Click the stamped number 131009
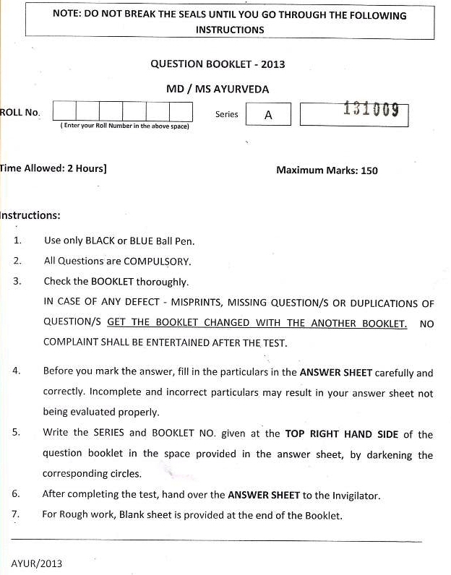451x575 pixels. click(371, 111)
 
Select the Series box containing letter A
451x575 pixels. click(268, 114)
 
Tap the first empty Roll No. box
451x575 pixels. click(64, 111)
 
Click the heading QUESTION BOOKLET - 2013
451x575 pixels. click(218, 64)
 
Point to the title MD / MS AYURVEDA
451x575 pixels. click(218, 89)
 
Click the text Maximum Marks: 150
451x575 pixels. click(327, 170)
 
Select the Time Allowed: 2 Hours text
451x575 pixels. click(54, 169)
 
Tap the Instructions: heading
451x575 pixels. click(30, 215)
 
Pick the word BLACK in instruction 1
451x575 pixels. click(100, 241)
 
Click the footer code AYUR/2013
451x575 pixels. click(37, 562)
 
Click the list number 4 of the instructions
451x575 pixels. click(16, 371)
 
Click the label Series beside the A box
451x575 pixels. click(226, 114)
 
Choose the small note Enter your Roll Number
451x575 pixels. click(124, 126)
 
